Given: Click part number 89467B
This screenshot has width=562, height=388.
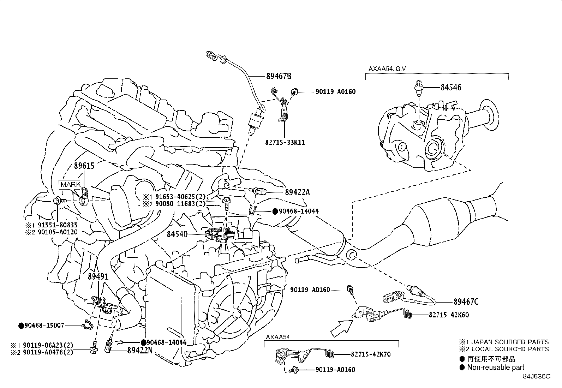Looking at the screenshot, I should (x=279, y=76).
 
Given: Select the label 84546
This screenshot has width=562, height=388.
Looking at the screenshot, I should (x=450, y=87).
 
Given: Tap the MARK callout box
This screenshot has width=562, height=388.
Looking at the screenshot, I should (x=71, y=185).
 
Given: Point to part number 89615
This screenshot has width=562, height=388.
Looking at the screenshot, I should (x=84, y=166).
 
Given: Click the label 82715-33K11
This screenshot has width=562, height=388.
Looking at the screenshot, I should (x=285, y=143).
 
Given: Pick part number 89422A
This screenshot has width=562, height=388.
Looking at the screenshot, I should (x=297, y=192).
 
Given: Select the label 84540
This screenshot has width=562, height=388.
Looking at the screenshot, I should (x=177, y=234).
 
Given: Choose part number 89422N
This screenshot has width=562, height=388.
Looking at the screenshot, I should (x=140, y=351).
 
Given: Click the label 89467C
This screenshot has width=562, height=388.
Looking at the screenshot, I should (x=466, y=302).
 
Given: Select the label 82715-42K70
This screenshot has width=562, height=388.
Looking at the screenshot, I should (x=371, y=354).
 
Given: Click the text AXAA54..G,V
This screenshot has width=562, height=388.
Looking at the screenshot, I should (x=387, y=69).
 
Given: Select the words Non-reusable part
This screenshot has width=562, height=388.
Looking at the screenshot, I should (x=496, y=368).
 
